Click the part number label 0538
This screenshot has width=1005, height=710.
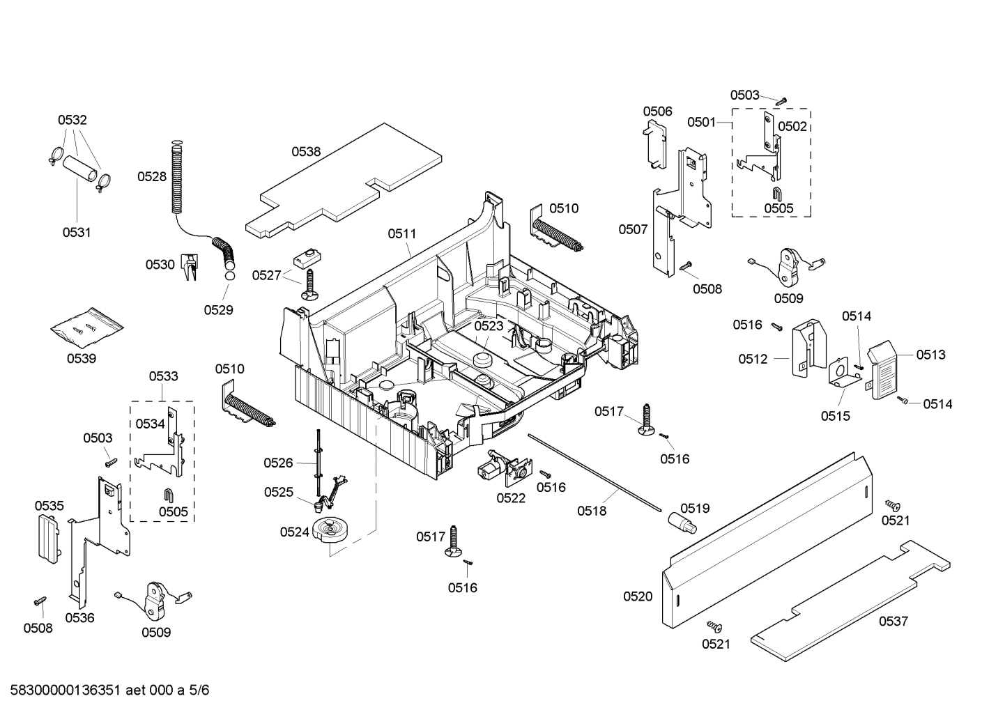[x=306, y=151]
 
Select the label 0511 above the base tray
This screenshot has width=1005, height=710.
[x=402, y=233]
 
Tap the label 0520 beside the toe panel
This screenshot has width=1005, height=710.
[x=638, y=596]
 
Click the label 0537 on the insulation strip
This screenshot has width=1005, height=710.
[x=893, y=621]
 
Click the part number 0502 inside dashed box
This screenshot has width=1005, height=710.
[x=792, y=126]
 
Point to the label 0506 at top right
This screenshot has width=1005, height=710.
[x=657, y=111]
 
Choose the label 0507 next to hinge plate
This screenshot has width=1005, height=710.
[x=633, y=229]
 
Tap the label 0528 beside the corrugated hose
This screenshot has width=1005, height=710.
[x=152, y=176]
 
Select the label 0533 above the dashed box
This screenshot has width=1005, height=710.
[x=163, y=376]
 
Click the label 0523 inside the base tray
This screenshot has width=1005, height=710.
[x=489, y=325]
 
